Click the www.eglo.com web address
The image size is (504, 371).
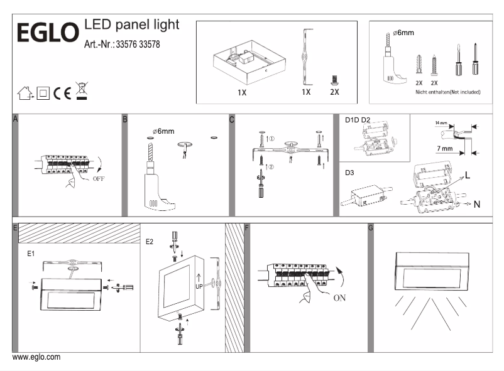(36, 357)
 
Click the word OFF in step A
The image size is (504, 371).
(99, 178)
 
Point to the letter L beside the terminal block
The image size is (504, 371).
(468, 173)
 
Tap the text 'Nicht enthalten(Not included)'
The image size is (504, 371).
(448, 92)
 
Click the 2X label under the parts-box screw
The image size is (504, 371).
(334, 92)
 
